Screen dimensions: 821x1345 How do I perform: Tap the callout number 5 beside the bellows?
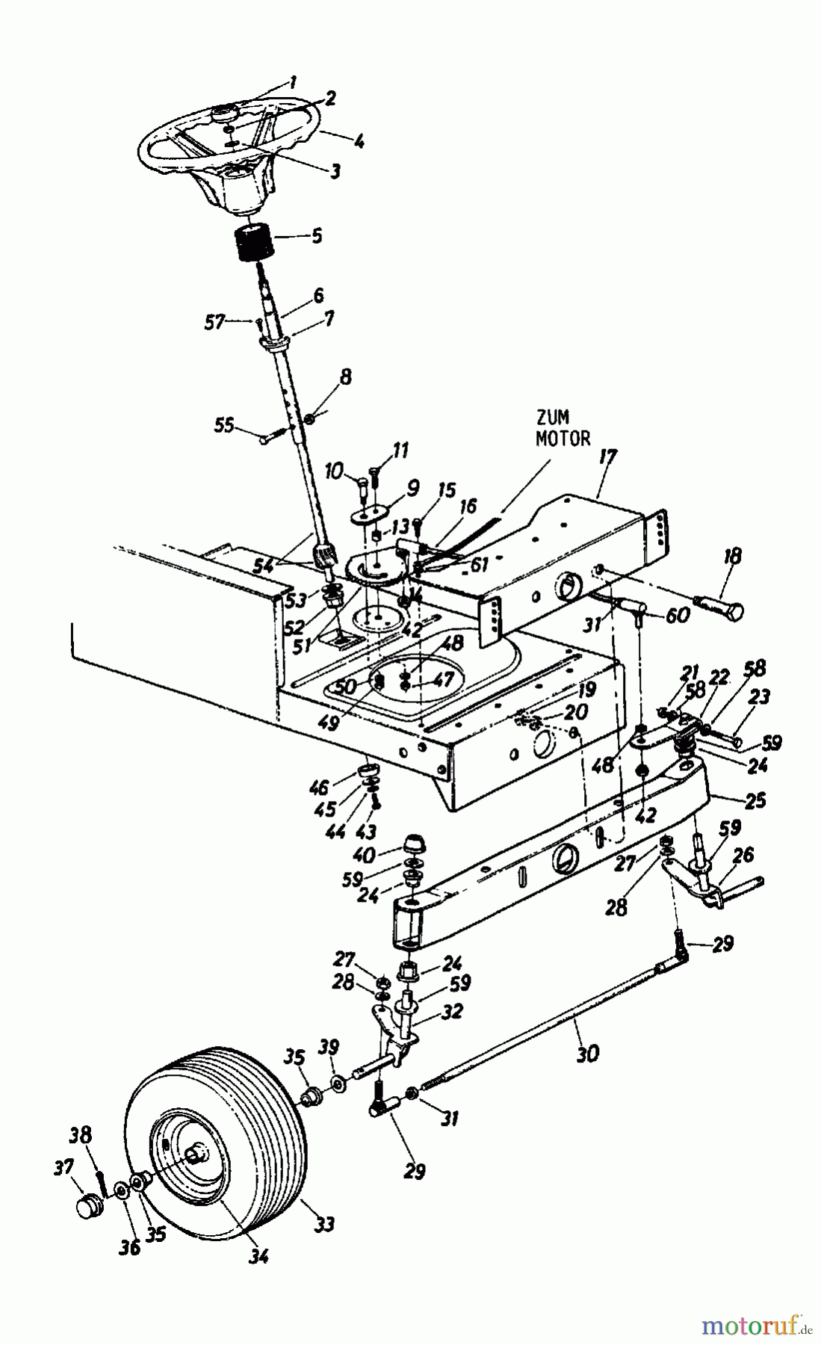317,236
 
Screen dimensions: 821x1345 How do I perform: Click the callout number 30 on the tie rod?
588,1054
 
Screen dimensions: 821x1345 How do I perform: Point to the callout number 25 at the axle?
755,800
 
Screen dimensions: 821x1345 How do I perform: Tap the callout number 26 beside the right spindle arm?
743,853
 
